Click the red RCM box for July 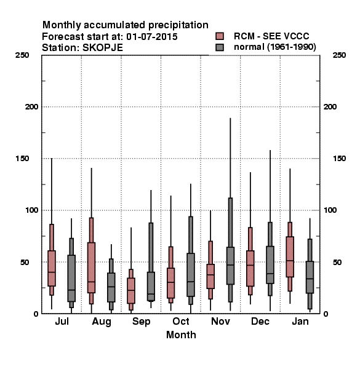click(52, 268)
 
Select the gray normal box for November click(230, 266)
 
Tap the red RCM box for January click(290, 256)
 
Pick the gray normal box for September click(151, 287)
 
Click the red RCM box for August click(91, 268)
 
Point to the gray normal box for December click(270, 264)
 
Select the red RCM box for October click(170, 283)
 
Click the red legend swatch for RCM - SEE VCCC click(220, 36)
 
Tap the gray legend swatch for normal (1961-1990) click(220, 47)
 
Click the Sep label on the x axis click(142, 322)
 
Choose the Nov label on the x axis click(220, 321)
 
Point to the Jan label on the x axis click(300, 321)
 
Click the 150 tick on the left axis click(22, 159)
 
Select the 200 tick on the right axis click(330, 107)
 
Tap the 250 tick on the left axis click(22, 55)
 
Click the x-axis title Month click(181, 335)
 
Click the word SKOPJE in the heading click(103, 48)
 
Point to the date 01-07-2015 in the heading click(152, 37)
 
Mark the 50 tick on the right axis click(337, 262)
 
